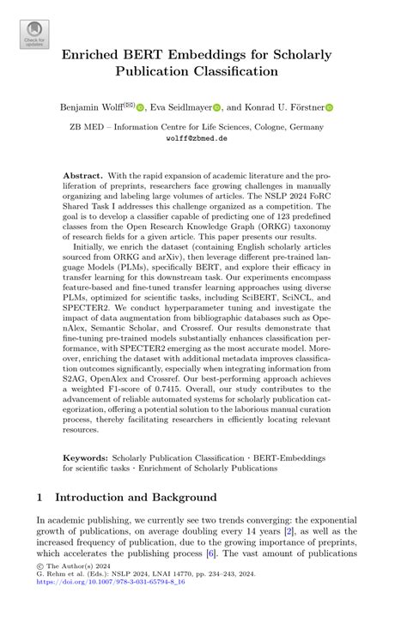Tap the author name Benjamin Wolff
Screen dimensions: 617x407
pyautogui.click(x=88, y=108)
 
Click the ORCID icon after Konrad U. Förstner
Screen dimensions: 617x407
pyautogui.click(x=329, y=108)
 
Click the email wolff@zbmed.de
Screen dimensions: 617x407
pyautogui.click(x=203, y=136)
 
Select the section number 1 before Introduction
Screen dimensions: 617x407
pyautogui.click(x=41, y=497)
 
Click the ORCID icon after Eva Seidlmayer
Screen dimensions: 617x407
pyautogui.click(x=216, y=108)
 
